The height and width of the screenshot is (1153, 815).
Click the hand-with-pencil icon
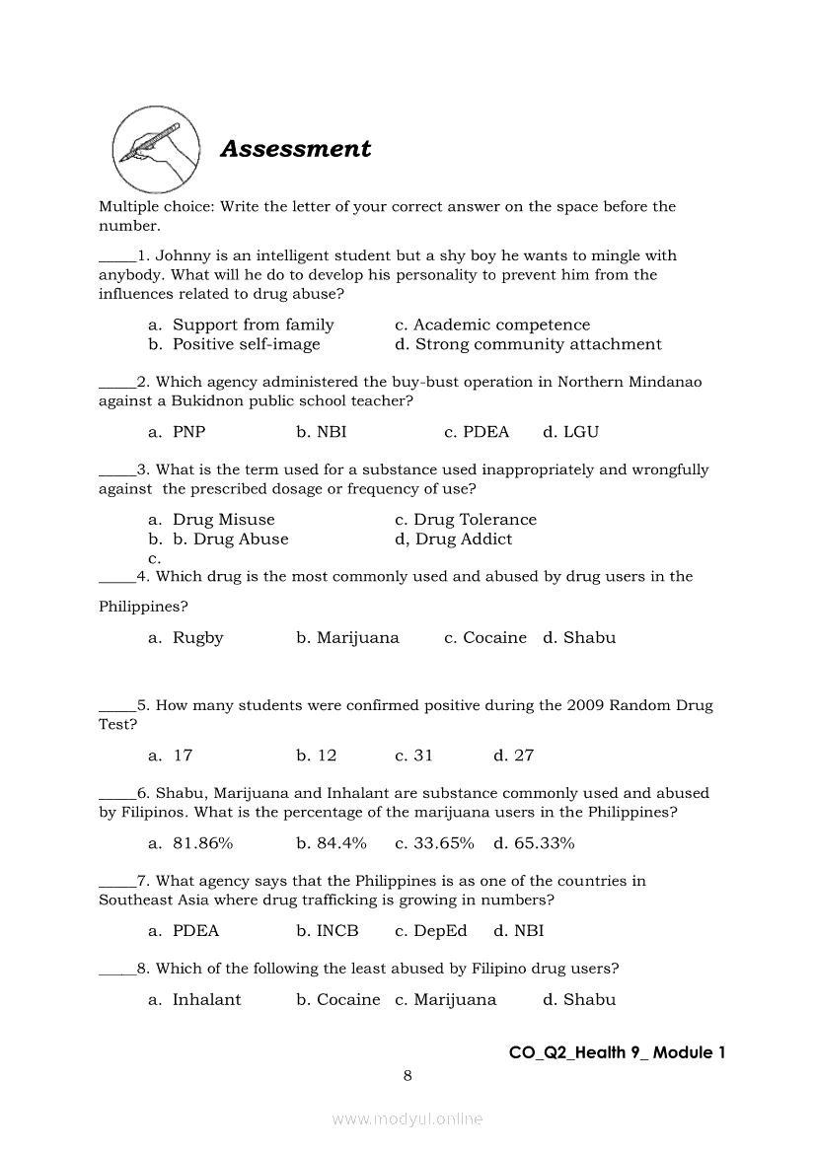point(155,149)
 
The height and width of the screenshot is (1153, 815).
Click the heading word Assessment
point(295,149)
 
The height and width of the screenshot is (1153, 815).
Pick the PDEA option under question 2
point(477,432)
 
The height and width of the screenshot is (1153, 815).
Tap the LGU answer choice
point(570,432)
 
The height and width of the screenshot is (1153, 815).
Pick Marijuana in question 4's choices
point(347,638)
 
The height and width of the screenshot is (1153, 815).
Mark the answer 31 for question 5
point(413,756)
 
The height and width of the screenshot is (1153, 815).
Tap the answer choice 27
point(513,756)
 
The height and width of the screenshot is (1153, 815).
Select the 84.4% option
point(331,843)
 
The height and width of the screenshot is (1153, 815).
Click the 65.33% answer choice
point(534,843)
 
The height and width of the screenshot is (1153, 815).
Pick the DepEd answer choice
point(430,931)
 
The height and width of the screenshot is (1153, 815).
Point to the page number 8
point(407,1075)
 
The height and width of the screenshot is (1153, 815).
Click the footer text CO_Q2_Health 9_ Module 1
point(617,1052)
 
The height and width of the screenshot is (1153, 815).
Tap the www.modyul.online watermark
point(407,1119)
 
